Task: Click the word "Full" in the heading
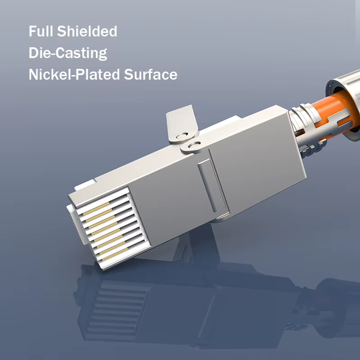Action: click(41, 31)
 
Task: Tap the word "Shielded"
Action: click(87, 31)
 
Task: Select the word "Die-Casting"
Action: click(68, 53)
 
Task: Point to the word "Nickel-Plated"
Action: click(74, 74)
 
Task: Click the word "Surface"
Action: click(151, 74)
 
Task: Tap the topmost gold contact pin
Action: click(96, 208)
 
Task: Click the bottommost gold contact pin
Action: click(115, 254)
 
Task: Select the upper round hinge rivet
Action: click(182, 136)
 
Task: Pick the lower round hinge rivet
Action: click(194, 145)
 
